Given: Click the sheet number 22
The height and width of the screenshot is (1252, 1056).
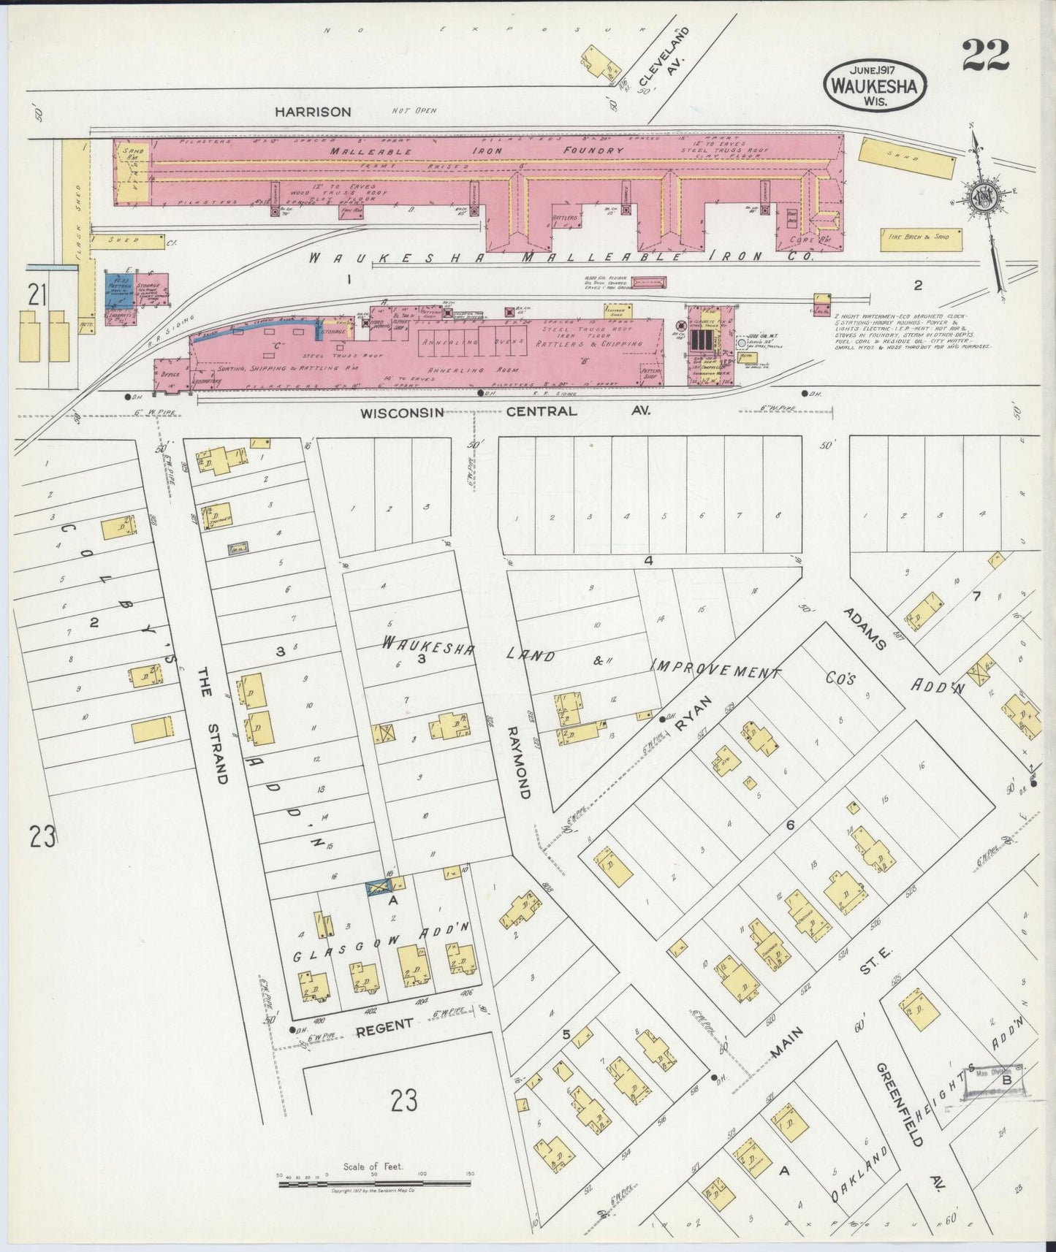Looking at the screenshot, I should tap(985, 55).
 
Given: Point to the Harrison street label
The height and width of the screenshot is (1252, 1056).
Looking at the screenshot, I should tap(313, 112).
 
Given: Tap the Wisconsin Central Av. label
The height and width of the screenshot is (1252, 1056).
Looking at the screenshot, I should tap(505, 412).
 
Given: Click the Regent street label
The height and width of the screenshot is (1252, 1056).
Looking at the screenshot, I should tap(384, 1026).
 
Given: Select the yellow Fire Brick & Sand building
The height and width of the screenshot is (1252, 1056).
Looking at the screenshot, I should tap(920, 238).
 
